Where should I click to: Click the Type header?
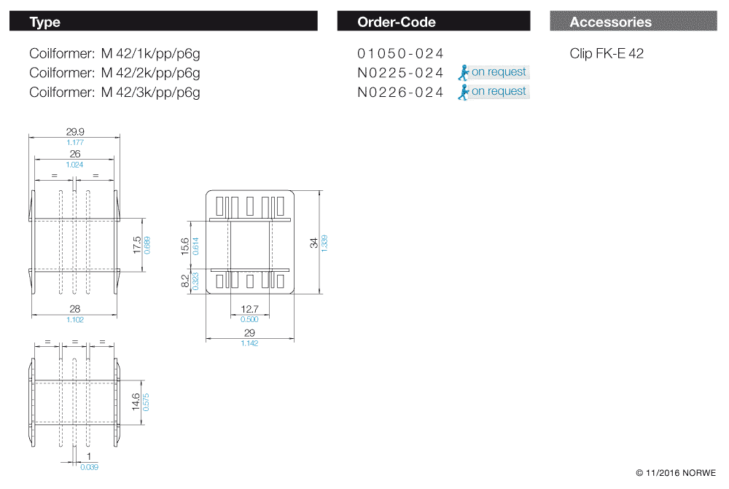45,22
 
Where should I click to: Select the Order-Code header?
396,22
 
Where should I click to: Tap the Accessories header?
611,22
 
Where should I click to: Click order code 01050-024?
400,53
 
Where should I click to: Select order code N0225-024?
400,73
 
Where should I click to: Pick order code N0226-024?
400,93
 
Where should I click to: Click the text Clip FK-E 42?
607,53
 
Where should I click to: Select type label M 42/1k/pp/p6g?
150,53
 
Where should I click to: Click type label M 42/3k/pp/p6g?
150,93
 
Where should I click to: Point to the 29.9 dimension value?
75,132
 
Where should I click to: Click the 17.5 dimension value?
137,244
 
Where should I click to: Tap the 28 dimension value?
75,309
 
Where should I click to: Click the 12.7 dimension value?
249,309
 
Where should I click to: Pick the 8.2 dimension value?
185,281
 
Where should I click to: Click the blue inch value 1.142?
249,343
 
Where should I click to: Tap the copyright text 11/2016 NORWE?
676,473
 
